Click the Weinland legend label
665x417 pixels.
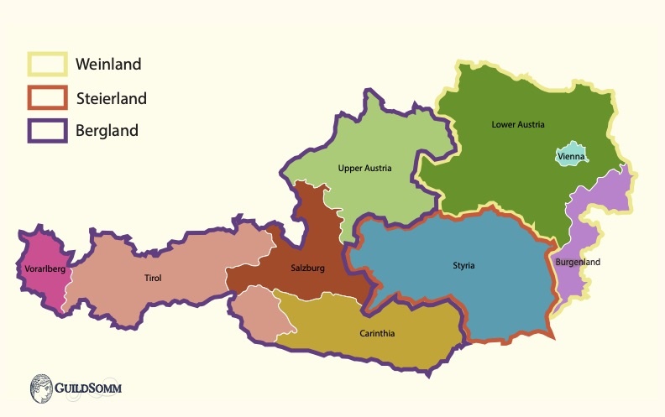(x=107, y=65)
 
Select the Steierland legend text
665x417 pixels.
(x=111, y=99)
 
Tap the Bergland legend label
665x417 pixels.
(x=107, y=131)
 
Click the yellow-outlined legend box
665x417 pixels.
(x=47, y=65)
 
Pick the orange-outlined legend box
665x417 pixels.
(x=47, y=98)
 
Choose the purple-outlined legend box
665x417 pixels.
(x=47, y=131)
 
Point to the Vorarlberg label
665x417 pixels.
(x=39, y=269)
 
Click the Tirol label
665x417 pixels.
(x=153, y=278)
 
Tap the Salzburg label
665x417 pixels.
(x=307, y=268)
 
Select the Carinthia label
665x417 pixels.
(x=377, y=333)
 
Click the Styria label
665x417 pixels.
(x=463, y=266)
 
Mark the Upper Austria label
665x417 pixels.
(x=364, y=168)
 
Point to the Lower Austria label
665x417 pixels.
(x=518, y=124)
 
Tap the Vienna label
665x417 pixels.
(x=571, y=156)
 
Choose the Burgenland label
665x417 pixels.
(x=578, y=262)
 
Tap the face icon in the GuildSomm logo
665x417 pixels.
(x=41, y=388)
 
